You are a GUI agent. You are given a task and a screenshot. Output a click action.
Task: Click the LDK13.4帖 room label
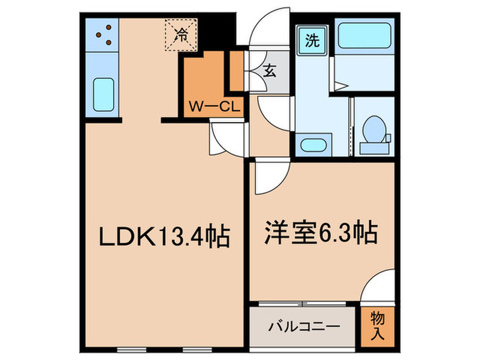(165, 237)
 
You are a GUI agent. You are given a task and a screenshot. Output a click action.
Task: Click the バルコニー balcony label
(304, 327)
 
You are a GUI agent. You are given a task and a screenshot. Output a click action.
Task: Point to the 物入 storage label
(377, 324)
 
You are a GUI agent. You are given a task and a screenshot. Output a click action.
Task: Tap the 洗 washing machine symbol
(312, 40)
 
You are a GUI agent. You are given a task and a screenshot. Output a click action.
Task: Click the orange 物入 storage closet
(377, 325)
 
